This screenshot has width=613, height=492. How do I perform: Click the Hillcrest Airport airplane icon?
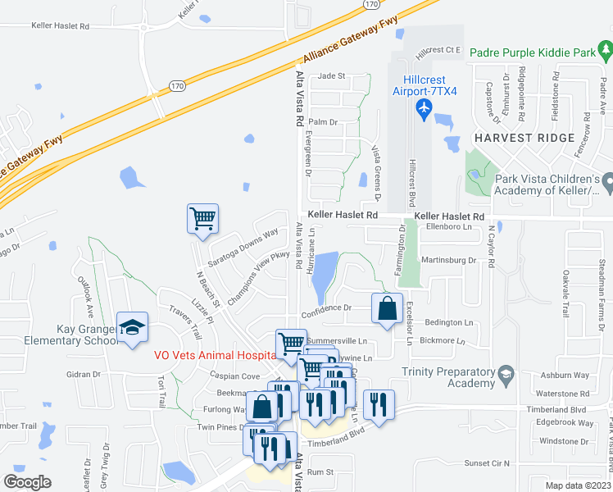425,109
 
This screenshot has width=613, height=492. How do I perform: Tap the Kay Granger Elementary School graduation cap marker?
132,328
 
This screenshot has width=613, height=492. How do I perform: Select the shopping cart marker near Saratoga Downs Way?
202,219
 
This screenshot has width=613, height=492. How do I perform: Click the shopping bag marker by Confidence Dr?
387,309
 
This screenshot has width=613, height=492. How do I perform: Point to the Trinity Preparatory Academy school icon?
506,376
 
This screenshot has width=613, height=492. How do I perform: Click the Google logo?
27,482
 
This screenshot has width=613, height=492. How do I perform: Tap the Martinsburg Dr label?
448,260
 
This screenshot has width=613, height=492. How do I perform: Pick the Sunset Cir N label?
487,463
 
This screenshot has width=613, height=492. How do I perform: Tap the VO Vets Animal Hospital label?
216,356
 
